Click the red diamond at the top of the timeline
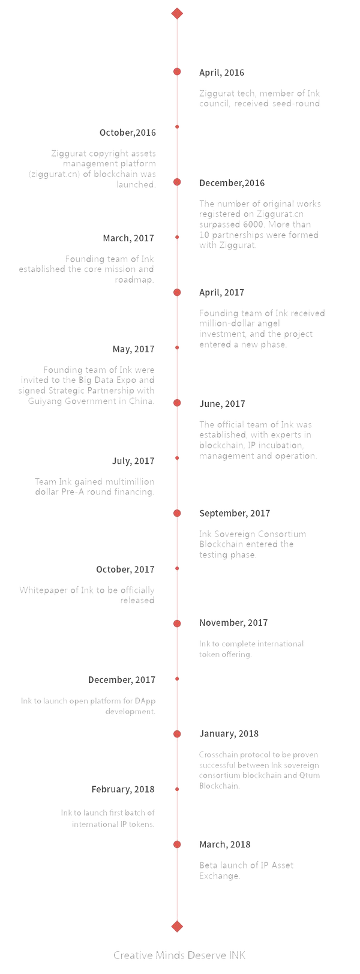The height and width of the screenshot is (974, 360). (177, 13)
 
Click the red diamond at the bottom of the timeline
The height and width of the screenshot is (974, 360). (177, 926)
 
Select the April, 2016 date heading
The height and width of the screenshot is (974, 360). (222, 73)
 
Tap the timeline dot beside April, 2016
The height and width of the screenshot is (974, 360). (177, 71)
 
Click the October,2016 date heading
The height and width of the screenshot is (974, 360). (127, 133)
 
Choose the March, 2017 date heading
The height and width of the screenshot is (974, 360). (128, 238)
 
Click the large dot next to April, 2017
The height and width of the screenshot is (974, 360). (177, 292)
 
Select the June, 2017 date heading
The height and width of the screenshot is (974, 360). (222, 404)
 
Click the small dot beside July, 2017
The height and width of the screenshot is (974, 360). (177, 458)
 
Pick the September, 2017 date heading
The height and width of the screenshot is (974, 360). (235, 514)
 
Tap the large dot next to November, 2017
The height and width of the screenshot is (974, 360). (177, 624)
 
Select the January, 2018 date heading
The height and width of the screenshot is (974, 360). (229, 734)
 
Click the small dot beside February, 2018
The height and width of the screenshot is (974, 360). (177, 789)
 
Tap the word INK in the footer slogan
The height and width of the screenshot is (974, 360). (237, 955)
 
